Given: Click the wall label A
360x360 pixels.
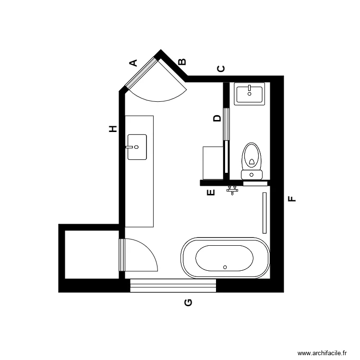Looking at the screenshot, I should click(x=134, y=62).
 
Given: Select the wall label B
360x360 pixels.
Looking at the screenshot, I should click(x=182, y=62).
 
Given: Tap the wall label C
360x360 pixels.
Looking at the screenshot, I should click(x=221, y=69).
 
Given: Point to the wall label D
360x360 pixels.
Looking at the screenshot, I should click(x=217, y=118).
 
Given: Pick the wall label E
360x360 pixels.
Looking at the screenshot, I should click(x=210, y=193).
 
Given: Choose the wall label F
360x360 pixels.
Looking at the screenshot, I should click(x=291, y=199).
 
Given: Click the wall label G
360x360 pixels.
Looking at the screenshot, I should click(x=189, y=302).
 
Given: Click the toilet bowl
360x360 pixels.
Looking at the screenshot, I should click(x=251, y=156).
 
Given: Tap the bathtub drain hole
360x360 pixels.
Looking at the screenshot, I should click(x=225, y=266).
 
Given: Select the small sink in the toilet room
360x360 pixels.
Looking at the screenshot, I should click(x=249, y=94).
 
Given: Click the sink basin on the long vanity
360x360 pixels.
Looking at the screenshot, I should click(x=137, y=147).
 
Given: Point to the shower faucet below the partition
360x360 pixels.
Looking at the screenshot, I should click(x=232, y=190).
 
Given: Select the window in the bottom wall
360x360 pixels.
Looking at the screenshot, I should click(x=173, y=286).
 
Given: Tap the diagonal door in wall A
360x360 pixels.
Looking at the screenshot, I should click(x=142, y=72).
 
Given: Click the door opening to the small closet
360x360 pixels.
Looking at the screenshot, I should click(x=122, y=255).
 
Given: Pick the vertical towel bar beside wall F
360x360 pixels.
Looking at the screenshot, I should click(x=264, y=213).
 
